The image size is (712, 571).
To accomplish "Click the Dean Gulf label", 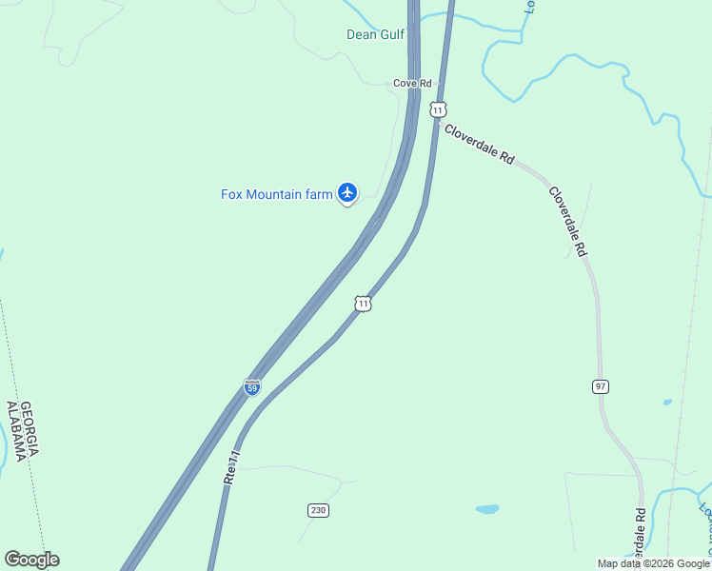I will (375, 35).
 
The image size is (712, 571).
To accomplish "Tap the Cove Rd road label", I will (412, 84).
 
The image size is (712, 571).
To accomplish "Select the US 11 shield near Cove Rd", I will (437, 109).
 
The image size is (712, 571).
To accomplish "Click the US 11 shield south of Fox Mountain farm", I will (363, 304).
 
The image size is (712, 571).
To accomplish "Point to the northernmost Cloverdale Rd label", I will (480, 146).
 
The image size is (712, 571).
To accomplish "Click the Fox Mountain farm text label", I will (277, 194).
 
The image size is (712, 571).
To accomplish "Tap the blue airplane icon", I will (347, 193).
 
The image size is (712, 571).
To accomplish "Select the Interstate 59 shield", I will (251, 387).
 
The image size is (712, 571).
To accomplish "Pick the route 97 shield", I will (600, 386).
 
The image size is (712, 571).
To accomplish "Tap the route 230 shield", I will (318, 510).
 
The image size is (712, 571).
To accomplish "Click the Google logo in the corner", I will (31, 560).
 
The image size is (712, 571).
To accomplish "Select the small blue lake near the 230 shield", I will (486, 509).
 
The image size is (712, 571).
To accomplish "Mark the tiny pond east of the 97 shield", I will (666, 403).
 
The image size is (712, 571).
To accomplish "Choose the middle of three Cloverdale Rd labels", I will (567, 221).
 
